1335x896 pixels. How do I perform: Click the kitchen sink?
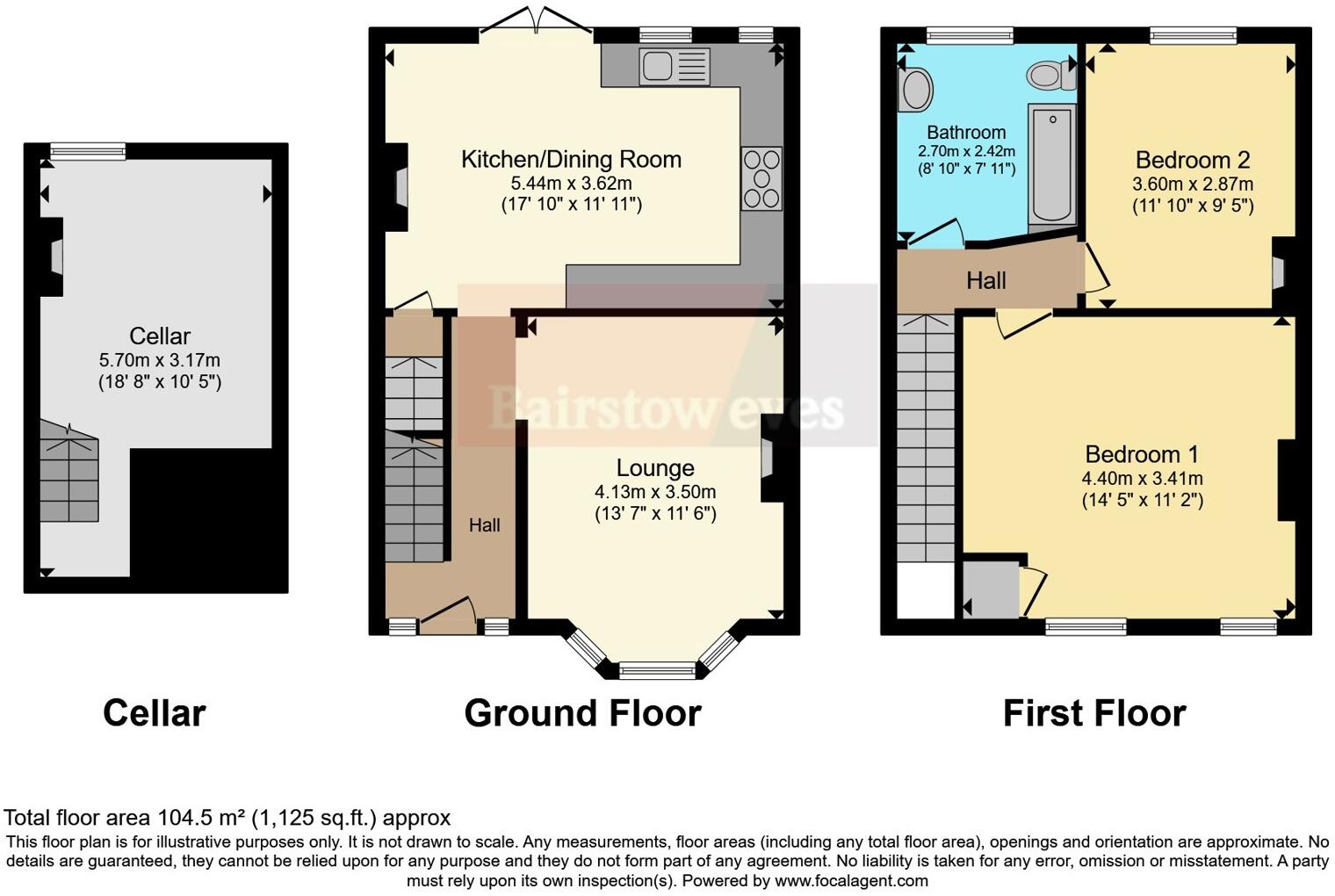pyautogui.click(x=674, y=67)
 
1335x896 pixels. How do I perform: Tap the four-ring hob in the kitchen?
pyautogui.click(x=761, y=179)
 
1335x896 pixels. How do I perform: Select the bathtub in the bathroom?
pyautogui.click(x=1051, y=163)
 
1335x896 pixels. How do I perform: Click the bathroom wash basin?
pyautogui.click(x=915, y=90)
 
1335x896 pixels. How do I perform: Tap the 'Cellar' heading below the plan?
pyautogui.click(x=154, y=712)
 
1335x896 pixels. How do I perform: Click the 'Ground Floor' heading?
pyautogui.click(x=582, y=712)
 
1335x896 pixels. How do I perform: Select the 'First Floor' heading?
pyautogui.click(x=1094, y=712)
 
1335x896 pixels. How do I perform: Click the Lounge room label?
pyautogui.click(x=655, y=468)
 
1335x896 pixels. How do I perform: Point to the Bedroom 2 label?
pyautogui.click(x=1192, y=160)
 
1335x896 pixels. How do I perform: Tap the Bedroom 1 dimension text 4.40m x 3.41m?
pyautogui.click(x=1142, y=479)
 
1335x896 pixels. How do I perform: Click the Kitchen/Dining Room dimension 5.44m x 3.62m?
pyautogui.click(x=571, y=184)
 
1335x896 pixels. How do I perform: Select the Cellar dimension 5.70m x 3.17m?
pyautogui.click(x=160, y=360)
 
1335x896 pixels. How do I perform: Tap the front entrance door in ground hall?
pyautogui.click(x=448, y=615)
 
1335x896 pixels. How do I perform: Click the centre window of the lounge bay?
pyautogui.click(x=658, y=672)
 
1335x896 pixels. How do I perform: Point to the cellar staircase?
pyautogui.click(x=69, y=474)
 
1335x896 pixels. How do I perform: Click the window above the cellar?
pyautogui.click(x=87, y=152)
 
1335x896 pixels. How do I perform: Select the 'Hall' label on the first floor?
pyautogui.click(x=985, y=281)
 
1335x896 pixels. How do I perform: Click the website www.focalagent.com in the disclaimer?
pyautogui.click(x=851, y=880)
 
